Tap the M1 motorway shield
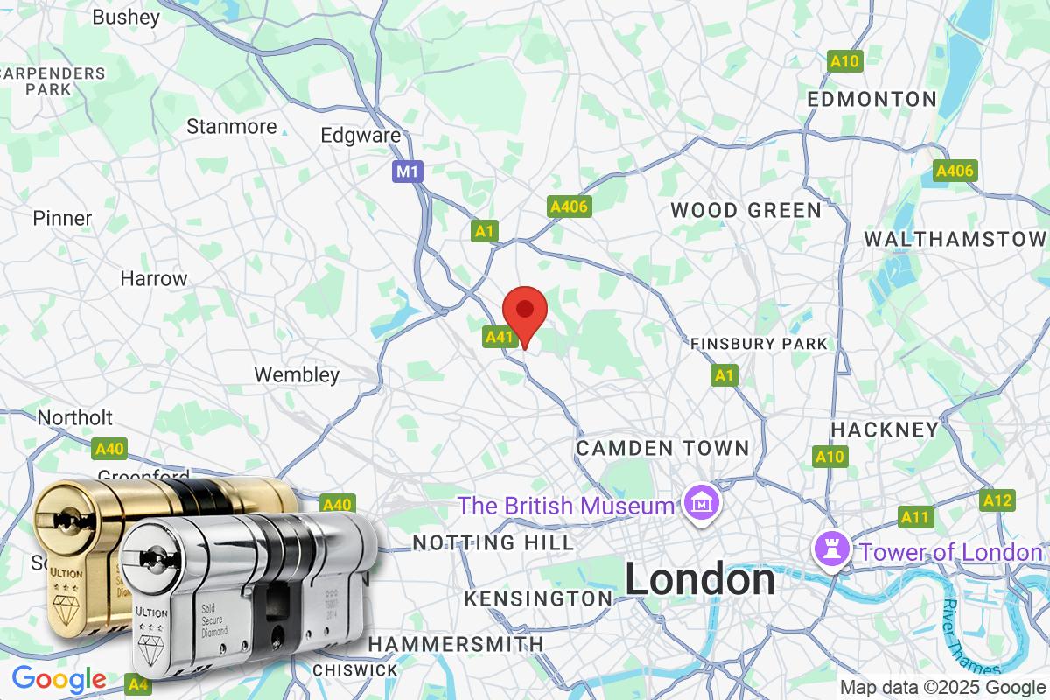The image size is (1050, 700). [407, 171]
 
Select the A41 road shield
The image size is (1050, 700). [499, 336]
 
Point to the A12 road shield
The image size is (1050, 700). [997, 500]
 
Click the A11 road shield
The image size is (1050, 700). [914, 517]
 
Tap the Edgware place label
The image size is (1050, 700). [360, 136]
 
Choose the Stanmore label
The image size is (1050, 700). [231, 127]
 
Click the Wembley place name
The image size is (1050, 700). [297, 374]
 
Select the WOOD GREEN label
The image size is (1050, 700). [745, 210]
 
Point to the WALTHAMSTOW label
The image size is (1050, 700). [955, 239]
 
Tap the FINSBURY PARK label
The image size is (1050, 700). [758, 344]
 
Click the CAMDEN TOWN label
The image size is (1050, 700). [662, 448]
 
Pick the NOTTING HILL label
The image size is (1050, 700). [493, 542]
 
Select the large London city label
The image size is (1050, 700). [699, 579]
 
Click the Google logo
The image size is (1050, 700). [59, 678]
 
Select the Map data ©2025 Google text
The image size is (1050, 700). [942, 687]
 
